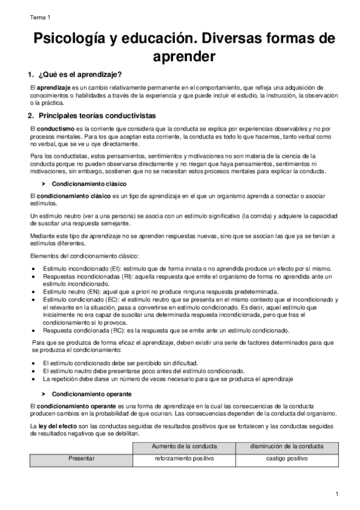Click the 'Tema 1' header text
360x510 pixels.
[x=40, y=18]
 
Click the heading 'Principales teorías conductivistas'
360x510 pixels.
[x=97, y=115]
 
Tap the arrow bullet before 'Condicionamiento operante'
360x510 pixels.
[x=44, y=395]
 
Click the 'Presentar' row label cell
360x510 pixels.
[x=81, y=459]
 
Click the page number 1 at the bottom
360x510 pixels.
[x=338, y=494]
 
